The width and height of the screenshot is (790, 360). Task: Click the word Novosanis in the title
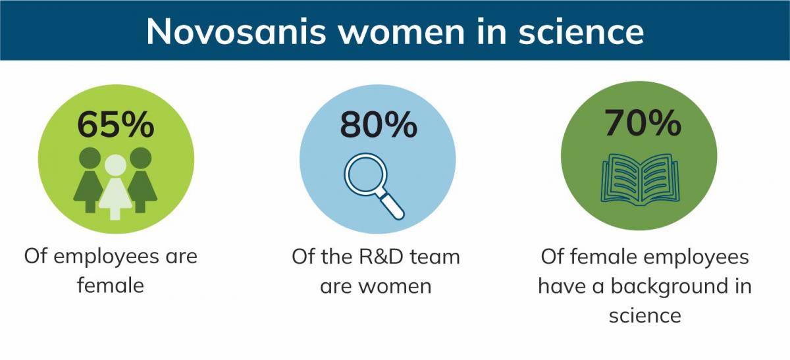[x=236, y=32]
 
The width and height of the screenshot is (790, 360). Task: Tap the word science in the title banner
[x=581, y=32]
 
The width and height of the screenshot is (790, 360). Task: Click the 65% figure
[x=116, y=124]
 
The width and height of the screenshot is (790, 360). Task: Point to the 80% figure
[x=379, y=124]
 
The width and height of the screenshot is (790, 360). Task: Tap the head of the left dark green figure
[x=90, y=158]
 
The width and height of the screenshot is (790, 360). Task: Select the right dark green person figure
[x=142, y=180]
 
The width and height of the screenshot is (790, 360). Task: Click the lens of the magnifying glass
[x=366, y=174]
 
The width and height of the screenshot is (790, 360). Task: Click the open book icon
[x=640, y=180]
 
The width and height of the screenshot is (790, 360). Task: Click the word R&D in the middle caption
[x=381, y=256]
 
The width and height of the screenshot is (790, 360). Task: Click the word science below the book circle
[x=645, y=315]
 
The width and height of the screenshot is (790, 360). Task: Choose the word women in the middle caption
[x=395, y=286]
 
